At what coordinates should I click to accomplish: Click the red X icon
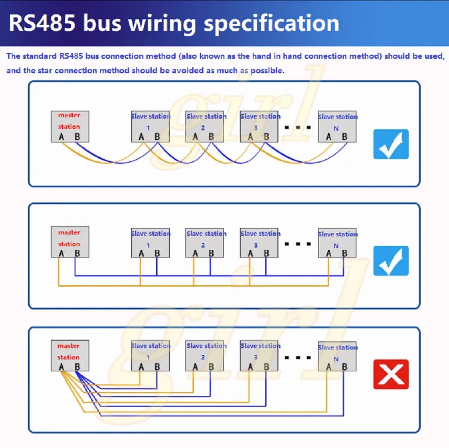coord(391,374)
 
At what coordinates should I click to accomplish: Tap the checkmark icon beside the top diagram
coord(391,144)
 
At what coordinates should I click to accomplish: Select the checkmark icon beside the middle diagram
coord(391,261)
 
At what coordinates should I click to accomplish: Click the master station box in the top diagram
coord(70,126)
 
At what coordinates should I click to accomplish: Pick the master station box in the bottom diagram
coord(70,355)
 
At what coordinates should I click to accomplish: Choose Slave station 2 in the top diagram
coord(204,126)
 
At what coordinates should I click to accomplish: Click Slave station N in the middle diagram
coord(337,243)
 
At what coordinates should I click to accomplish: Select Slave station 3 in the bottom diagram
coord(259,355)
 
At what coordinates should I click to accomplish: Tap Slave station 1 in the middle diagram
coord(150,243)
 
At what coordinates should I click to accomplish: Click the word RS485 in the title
coord(42,23)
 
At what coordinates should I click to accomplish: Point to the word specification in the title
coord(272,23)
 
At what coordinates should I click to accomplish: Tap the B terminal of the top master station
coord(77,137)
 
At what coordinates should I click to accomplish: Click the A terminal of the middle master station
coord(61,253)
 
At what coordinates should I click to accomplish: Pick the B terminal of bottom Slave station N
coord(344,367)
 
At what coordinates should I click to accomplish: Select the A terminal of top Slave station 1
coord(141,137)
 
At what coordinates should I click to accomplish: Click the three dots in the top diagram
coord(298,127)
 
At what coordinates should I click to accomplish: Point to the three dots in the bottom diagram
coord(298,357)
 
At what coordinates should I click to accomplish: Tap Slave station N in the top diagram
coord(337,126)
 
